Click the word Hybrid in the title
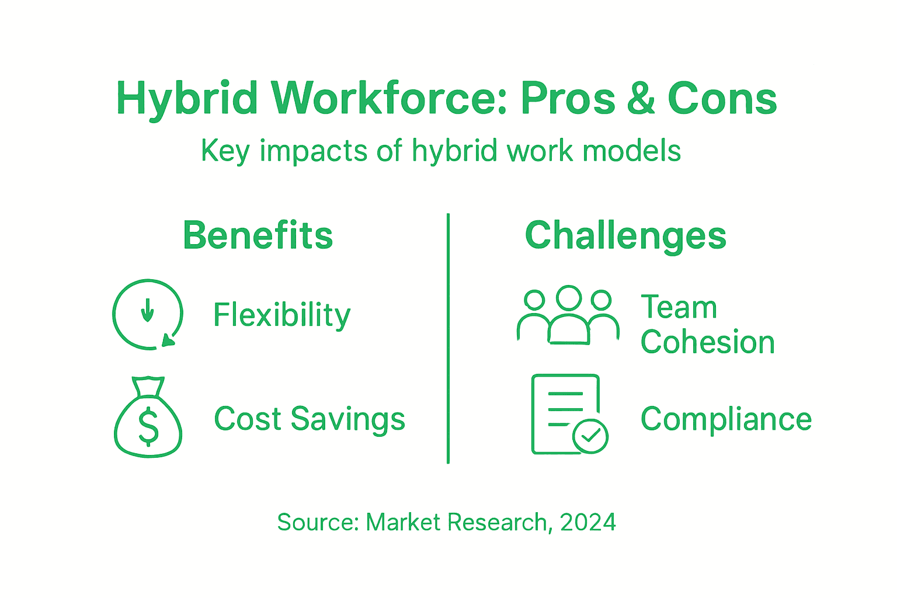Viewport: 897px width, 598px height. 187,99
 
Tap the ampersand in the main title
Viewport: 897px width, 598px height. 641,99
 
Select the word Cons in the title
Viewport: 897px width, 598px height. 722,99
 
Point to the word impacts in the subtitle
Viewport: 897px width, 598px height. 314,151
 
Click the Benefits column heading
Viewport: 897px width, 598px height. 258,235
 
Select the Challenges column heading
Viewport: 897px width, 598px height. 625,236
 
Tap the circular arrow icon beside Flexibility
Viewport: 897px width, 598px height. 148,314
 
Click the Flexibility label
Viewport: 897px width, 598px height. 281,315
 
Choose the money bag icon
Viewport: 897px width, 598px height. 148,417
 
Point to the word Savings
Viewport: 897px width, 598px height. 348,419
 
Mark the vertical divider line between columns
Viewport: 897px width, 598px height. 448,339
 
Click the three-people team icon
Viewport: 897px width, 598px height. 568,315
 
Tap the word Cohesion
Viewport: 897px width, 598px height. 707,342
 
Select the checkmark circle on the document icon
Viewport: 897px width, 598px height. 590,436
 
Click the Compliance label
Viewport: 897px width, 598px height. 726,419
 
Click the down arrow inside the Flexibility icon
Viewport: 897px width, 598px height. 148,310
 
